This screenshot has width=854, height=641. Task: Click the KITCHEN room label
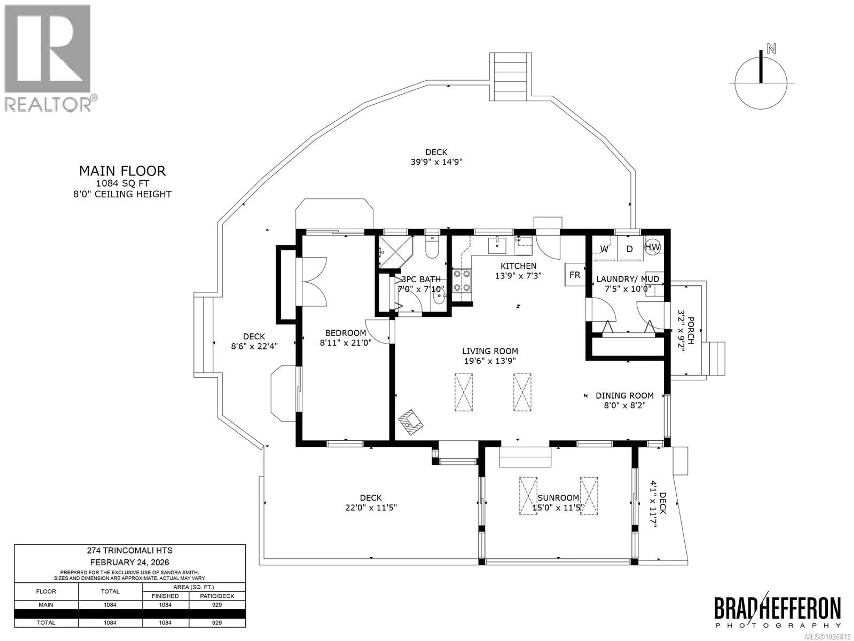tap(518, 266)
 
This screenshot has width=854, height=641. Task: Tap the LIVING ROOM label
tap(490, 351)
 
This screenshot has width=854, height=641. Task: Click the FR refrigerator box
tap(575, 274)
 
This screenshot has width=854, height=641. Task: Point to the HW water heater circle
tap(653, 247)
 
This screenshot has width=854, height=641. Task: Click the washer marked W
tap(604, 249)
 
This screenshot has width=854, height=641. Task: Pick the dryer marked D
tap(630, 249)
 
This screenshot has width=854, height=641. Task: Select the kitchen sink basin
tap(497, 245)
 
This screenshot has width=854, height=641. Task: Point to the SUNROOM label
tap(558, 498)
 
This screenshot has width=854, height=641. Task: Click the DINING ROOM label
tap(624, 395)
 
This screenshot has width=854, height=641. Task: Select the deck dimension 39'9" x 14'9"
tap(436, 162)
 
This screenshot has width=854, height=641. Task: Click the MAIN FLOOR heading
tap(122, 171)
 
